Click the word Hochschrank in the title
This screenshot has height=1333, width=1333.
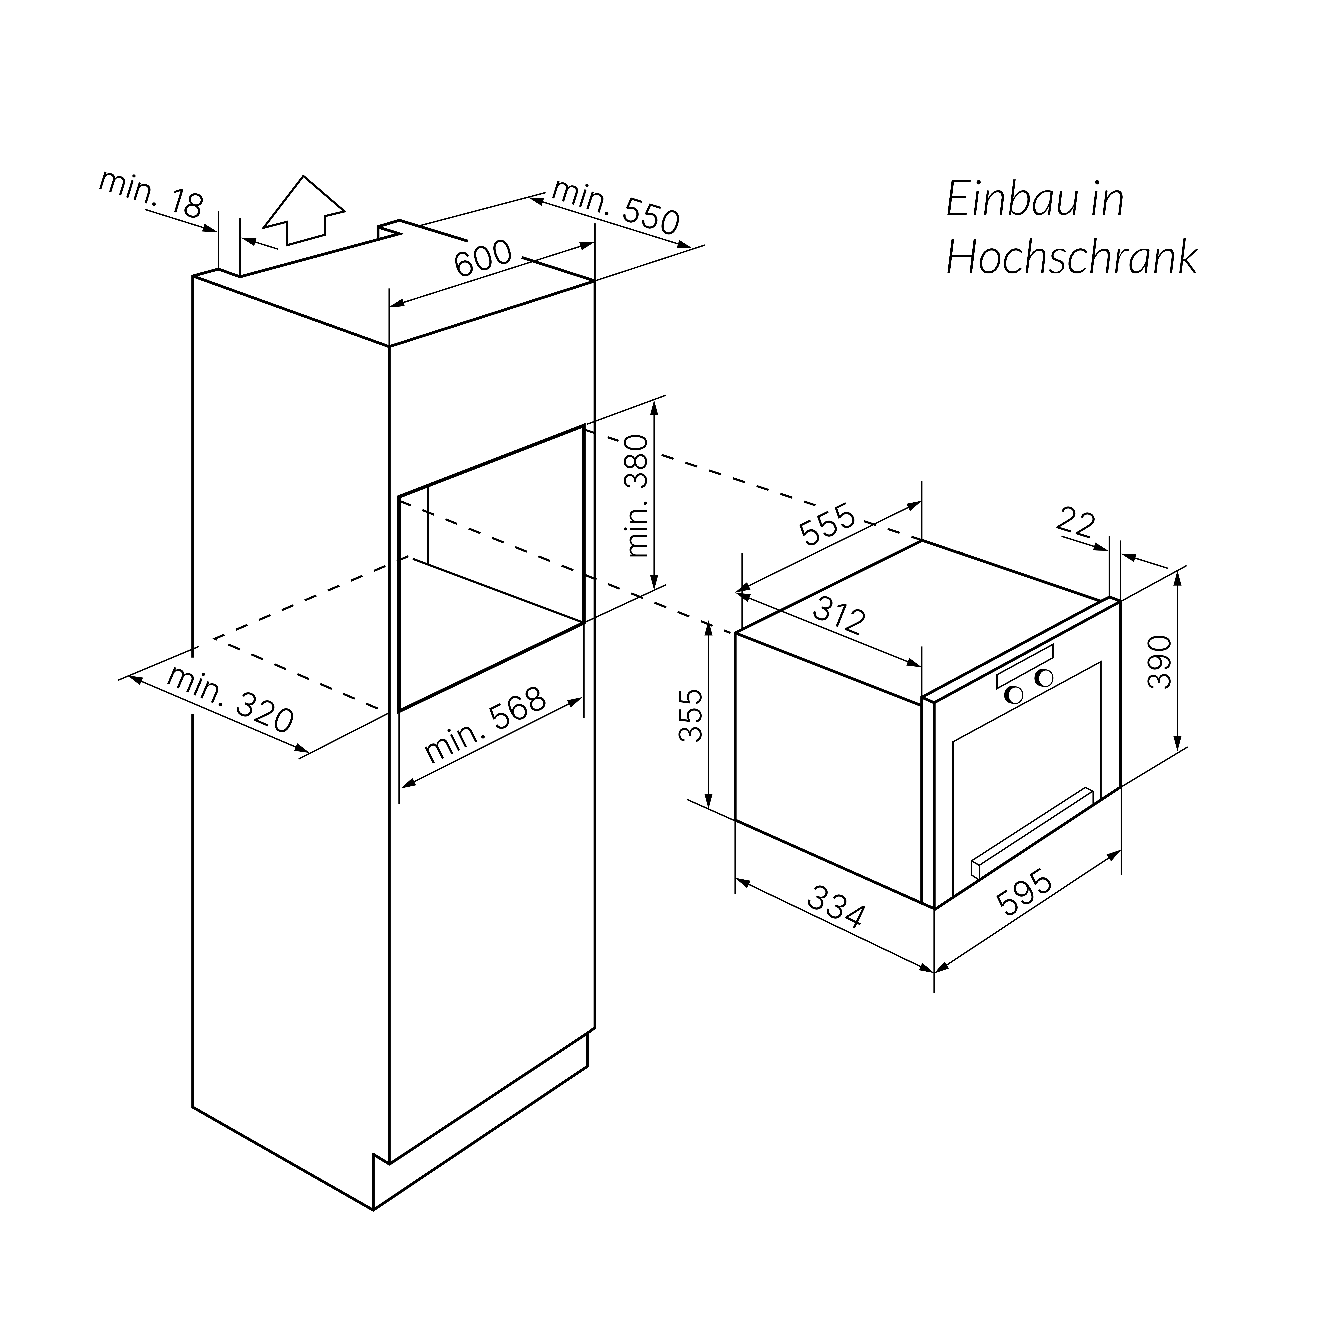tap(1072, 259)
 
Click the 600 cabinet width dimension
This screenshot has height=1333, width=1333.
tap(483, 259)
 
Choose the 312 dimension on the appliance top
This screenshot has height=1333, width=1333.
tap(838, 616)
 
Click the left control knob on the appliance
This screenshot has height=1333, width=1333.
tap(1014, 695)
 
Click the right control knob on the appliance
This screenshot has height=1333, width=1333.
tap(1044, 678)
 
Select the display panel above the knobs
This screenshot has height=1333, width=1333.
tap(1025, 666)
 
